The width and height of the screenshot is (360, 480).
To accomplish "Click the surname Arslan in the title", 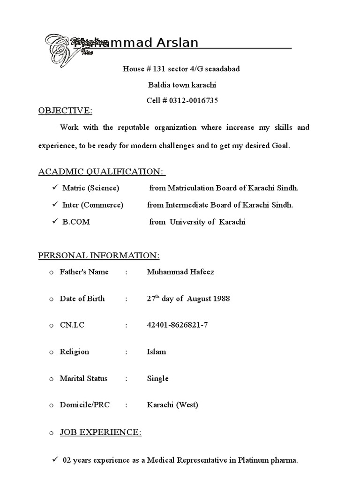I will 176,43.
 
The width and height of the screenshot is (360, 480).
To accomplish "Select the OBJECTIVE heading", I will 65,111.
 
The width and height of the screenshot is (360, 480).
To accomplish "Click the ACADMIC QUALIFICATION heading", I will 101,172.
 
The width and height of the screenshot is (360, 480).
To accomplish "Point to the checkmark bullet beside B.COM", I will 54,222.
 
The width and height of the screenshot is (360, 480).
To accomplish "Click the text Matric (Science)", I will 91,188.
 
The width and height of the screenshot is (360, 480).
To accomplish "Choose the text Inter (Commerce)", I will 93,205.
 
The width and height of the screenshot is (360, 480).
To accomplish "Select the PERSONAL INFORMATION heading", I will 98,255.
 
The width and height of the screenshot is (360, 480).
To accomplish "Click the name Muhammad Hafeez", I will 180,272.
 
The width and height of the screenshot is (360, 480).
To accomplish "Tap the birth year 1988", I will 220,299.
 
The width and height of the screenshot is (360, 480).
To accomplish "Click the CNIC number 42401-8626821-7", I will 177,325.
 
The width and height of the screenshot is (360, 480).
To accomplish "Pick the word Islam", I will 156,352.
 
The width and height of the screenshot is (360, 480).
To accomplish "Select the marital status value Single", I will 157,378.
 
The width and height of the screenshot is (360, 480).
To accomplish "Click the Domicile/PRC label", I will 85,405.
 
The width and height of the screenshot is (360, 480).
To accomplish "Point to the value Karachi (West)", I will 172,405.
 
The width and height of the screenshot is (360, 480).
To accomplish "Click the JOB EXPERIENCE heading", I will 100,432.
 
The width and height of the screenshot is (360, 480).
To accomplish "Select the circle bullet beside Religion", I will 51,352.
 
